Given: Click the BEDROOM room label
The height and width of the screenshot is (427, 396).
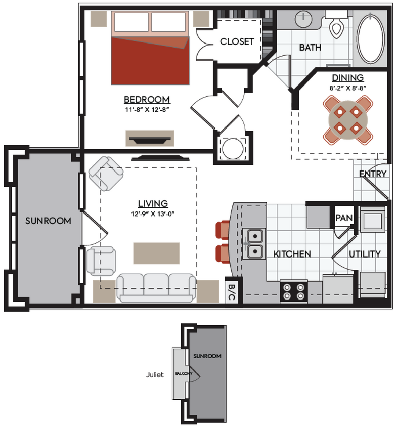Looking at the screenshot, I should click(x=147, y=99).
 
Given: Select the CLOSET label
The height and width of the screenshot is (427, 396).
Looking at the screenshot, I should click(x=236, y=41).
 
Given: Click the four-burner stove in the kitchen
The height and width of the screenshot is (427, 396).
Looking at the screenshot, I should click(x=294, y=291).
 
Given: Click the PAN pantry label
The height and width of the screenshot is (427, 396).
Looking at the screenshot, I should click(x=343, y=218).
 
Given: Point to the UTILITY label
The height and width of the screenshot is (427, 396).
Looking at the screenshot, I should click(x=364, y=253).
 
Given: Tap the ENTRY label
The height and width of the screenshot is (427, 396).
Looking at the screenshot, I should click(x=373, y=174).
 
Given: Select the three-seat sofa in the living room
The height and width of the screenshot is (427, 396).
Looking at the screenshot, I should click(x=156, y=287).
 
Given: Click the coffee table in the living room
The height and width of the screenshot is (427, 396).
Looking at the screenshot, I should click(x=156, y=253).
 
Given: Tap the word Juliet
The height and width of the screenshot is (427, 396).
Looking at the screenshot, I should click(x=155, y=375).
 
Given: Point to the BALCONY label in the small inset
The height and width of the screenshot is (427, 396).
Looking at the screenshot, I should click(x=183, y=373).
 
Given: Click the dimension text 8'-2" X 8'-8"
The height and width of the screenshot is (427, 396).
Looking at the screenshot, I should click(x=347, y=88).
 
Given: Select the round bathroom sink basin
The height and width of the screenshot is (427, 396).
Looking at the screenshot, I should click(x=303, y=18).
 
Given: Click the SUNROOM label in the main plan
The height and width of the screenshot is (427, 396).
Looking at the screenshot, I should click(x=48, y=221).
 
